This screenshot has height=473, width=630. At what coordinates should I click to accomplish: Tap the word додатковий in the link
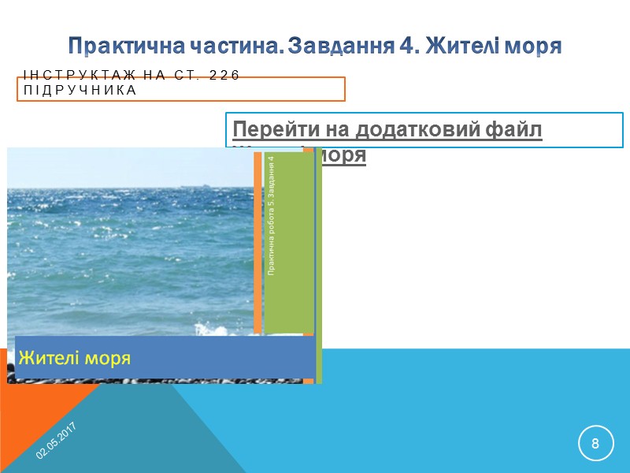409,129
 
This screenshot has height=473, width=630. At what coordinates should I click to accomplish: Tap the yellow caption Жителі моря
74,358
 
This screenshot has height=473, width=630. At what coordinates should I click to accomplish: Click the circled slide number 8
595,443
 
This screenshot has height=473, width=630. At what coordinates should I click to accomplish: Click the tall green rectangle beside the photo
289,244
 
